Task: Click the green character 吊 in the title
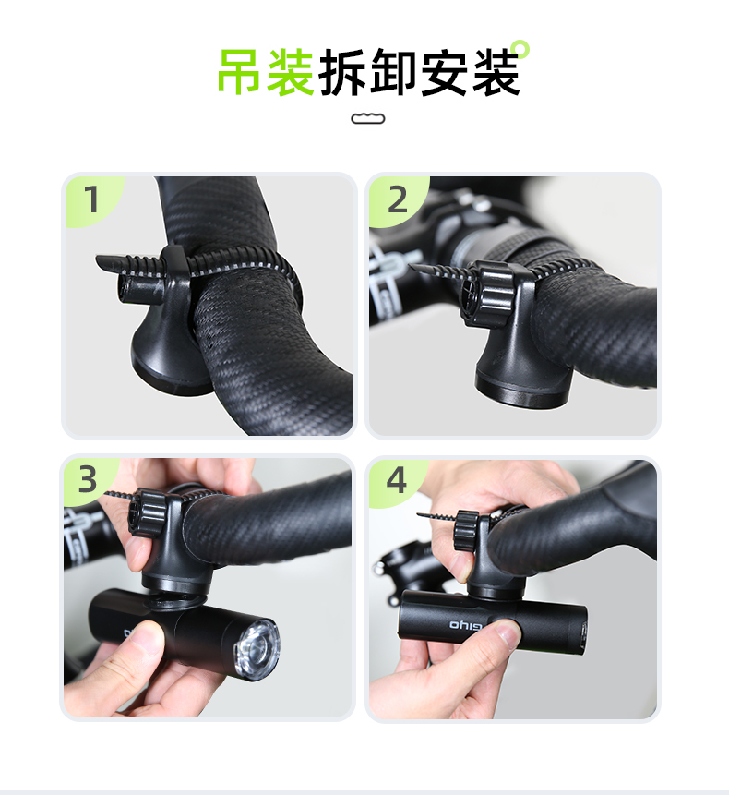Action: [x=240, y=71]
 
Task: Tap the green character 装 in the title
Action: [x=291, y=71]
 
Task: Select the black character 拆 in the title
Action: [x=342, y=72]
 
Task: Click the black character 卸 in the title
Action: [x=394, y=72]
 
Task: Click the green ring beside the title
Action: [x=520, y=49]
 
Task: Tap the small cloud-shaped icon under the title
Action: [x=368, y=118]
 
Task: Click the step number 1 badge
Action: [x=91, y=199]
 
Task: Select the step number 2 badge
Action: [x=399, y=199]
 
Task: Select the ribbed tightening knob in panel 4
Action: [x=466, y=531]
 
